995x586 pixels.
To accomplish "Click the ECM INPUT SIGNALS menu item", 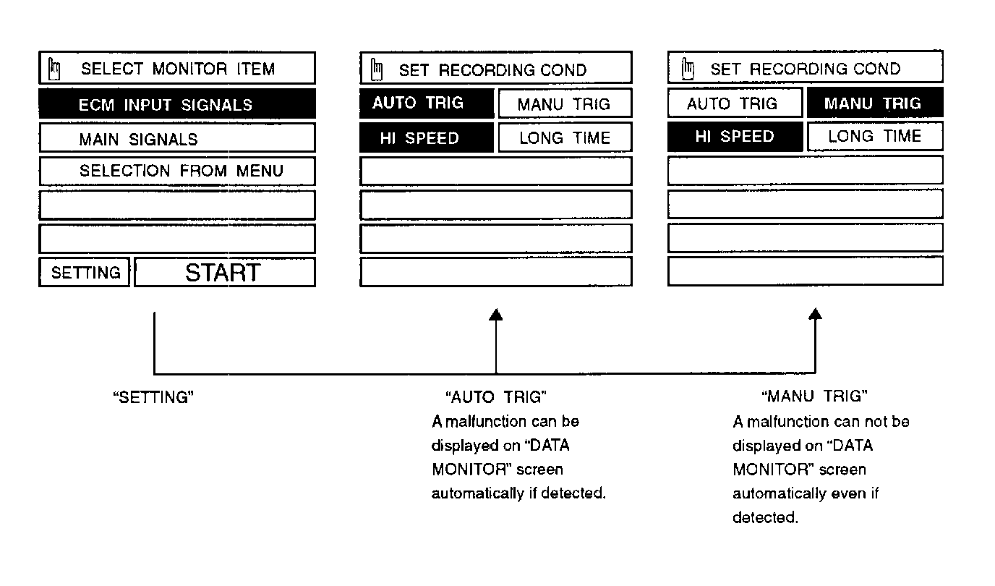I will pos(176,104).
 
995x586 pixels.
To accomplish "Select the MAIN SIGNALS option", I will pos(176,138).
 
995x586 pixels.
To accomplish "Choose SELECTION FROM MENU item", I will pos(176,171).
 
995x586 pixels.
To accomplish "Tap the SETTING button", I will pos(85,273).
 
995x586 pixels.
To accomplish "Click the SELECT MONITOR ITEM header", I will pos(176,69).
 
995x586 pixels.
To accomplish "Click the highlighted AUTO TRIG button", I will pos(427,103).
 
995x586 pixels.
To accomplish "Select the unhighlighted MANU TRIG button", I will pos(564,104).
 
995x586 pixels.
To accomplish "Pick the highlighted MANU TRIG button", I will pos(874,103).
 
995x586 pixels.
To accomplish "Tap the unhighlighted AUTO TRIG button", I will pos(734,103).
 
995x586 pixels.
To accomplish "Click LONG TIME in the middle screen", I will pos(564,138).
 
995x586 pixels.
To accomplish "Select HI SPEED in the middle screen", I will pos(427,138).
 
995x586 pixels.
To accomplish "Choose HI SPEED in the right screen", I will pos(734,137).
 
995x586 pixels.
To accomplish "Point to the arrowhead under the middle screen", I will pos(495,314).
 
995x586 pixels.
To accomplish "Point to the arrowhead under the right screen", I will pos(816,314).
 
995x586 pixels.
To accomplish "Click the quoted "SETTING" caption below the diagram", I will pos(154,397).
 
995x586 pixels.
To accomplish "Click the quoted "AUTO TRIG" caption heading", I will pos(495,397).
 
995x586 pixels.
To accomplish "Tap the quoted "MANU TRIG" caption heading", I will pos(815,396).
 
